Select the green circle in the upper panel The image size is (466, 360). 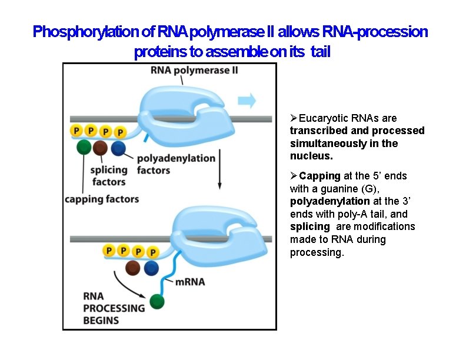[84, 147]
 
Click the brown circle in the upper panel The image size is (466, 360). [101, 148]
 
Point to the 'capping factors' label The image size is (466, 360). [102, 199]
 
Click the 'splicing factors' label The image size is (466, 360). [109, 176]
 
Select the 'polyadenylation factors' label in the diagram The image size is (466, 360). [176, 164]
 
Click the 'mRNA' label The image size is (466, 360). [190, 282]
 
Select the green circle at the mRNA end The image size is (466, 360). [157, 302]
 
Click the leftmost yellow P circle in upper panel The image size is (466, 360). [76, 130]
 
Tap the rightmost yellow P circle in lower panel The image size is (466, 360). [153, 252]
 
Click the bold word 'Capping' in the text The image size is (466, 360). [319, 176]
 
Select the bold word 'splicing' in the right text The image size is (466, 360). [310, 227]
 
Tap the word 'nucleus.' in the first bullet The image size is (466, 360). [311, 156]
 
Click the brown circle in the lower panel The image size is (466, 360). [134, 268]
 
